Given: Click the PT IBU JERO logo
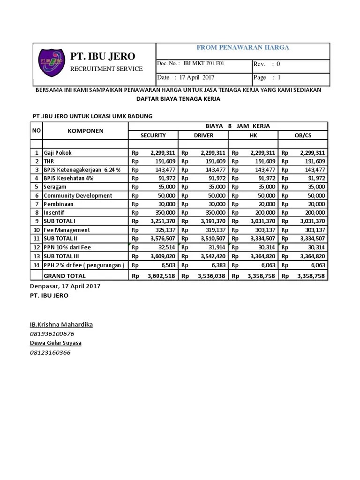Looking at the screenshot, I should tap(51, 64).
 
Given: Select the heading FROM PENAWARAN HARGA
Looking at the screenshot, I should tap(242, 47).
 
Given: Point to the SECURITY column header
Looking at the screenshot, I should tap(153, 135).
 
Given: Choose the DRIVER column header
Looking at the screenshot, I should tap(203, 135).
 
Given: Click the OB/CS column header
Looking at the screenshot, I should tap(303, 135).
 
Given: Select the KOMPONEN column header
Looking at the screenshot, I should tap(85, 131).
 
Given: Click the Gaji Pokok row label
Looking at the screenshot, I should tap(58, 153).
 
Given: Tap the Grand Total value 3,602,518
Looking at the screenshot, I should tap(161, 276).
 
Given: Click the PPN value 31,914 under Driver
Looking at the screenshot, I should tap(216, 247).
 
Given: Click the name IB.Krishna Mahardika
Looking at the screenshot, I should tap(61, 324).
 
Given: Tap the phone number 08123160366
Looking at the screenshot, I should tap(50, 352).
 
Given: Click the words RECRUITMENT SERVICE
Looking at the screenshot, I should tap(106, 69).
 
